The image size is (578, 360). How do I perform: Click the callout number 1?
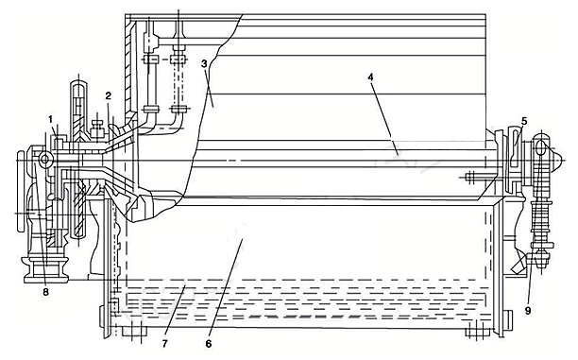coord(50,119)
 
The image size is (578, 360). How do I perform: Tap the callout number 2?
coord(108,96)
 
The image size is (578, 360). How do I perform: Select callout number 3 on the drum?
coord(204,63)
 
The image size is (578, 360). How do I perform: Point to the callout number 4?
coord(370,77)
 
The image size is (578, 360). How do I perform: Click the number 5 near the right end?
coord(524,121)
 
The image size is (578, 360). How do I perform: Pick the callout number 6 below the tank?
coord(209,344)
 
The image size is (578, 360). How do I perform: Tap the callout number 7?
coord(164,344)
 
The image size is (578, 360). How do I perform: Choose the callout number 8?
coord(45,292)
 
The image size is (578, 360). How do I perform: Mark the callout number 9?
coord(528,311)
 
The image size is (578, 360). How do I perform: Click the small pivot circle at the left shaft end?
coord(45,160)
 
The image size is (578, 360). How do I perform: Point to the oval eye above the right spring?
coord(541,148)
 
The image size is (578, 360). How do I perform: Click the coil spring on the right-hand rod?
coord(540,217)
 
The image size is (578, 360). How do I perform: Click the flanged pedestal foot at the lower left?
coord(46,269)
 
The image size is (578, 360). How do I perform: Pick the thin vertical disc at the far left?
coord(22,191)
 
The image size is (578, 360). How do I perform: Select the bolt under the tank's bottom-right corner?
coord(478,331)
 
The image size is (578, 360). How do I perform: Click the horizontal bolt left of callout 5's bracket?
coord(479,177)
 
